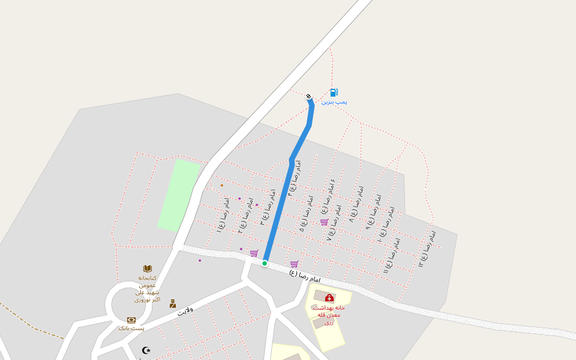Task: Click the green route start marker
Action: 264,263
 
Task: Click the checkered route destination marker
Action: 308,96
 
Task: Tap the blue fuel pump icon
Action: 334,92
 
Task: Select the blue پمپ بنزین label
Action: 334,102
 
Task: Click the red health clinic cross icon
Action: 329,298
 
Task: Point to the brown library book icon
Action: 148,268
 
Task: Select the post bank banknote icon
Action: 131,320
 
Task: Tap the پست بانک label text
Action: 131,328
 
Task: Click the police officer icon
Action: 173,304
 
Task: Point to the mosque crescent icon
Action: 146,350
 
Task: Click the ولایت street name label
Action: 185,311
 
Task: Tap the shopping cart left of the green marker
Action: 254,253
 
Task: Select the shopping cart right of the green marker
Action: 294,264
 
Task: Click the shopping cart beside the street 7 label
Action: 324,222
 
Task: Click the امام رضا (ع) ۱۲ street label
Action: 427,248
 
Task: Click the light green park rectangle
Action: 178,195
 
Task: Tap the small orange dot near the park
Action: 221,185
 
